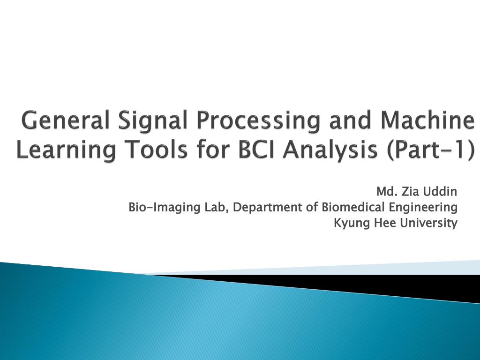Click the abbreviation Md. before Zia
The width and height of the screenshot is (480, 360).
click(387, 192)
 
